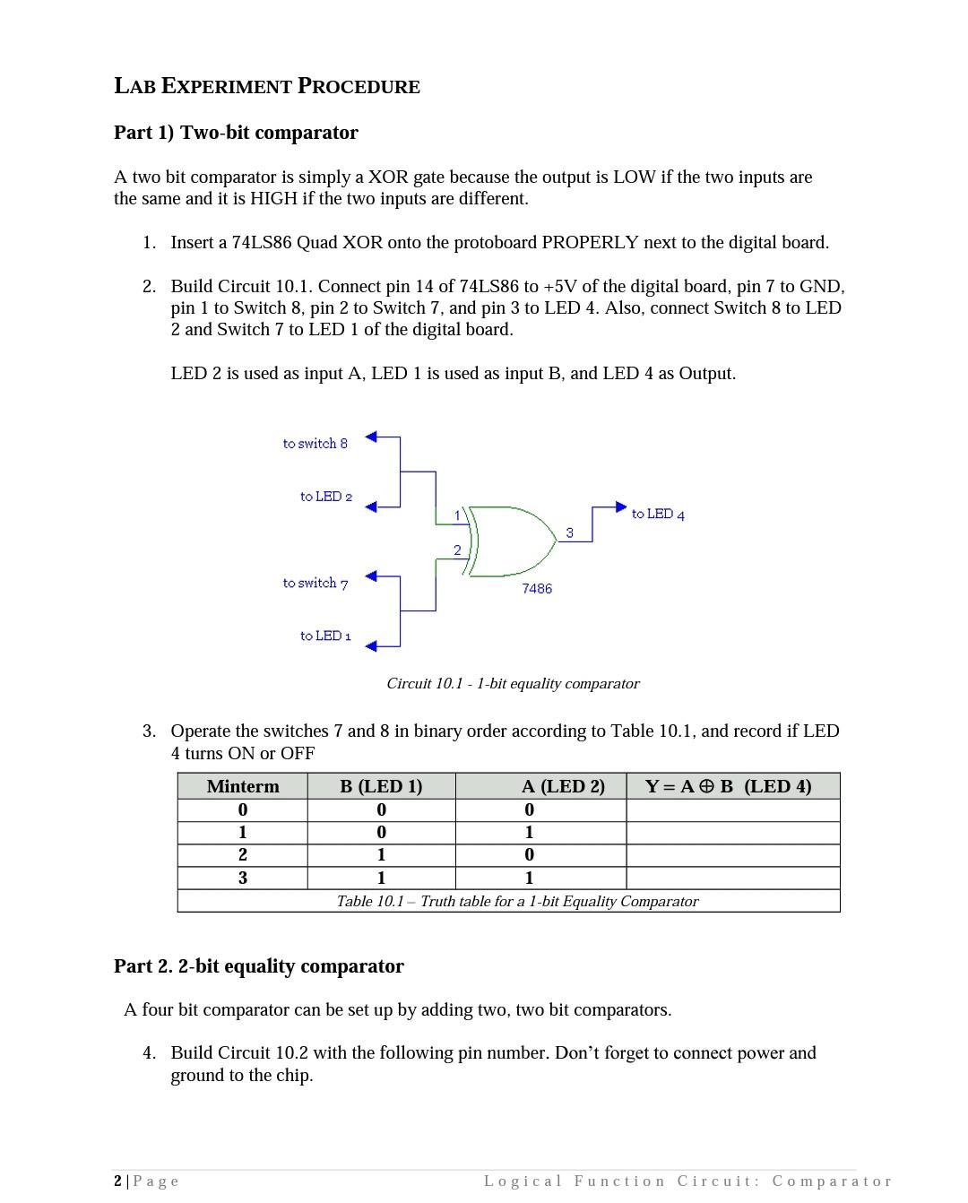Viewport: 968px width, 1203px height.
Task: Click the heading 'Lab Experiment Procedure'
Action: click(267, 86)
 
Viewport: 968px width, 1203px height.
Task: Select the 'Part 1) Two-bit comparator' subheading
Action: click(236, 133)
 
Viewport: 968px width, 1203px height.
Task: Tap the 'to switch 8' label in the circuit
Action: click(315, 444)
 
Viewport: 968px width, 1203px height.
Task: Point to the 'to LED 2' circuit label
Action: click(325, 497)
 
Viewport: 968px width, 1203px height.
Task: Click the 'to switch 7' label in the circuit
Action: click(315, 584)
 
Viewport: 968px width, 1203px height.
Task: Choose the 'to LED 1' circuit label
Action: click(325, 636)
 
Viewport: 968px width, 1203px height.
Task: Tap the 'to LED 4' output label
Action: click(657, 515)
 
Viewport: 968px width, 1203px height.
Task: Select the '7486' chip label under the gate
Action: click(537, 589)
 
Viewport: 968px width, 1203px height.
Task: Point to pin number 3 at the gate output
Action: click(569, 533)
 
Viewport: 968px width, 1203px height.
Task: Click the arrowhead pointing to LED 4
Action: click(620, 507)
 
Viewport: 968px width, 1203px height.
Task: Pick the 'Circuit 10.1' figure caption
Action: click(513, 684)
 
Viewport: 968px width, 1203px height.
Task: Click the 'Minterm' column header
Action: click(242, 787)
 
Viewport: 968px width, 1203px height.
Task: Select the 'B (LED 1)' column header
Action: click(381, 787)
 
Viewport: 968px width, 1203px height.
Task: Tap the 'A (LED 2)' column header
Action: click(563, 787)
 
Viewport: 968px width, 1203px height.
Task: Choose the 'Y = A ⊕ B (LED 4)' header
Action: click(728, 787)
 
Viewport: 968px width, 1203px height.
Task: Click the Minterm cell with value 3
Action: click(242, 878)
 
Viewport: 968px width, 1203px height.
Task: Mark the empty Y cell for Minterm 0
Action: click(732, 810)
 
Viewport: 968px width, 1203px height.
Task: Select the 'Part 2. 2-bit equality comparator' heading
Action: click(258, 966)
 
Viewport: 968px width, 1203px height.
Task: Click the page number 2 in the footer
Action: click(118, 1181)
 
